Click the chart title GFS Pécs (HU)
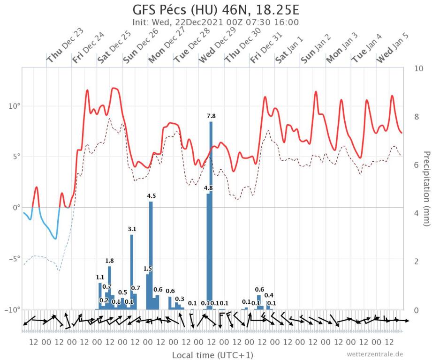click(x=216, y=10)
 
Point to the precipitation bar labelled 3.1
click(x=132, y=272)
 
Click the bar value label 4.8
click(x=208, y=188)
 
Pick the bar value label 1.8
click(x=109, y=261)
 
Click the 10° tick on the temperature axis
click(x=14, y=106)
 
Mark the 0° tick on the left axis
click(x=16, y=208)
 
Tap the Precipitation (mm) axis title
click(x=426, y=187)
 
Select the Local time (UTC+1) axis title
click(x=212, y=354)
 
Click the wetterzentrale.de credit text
click(x=375, y=354)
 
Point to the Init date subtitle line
click(x=216, y=22)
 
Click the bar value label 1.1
click(x=100, y=277)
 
